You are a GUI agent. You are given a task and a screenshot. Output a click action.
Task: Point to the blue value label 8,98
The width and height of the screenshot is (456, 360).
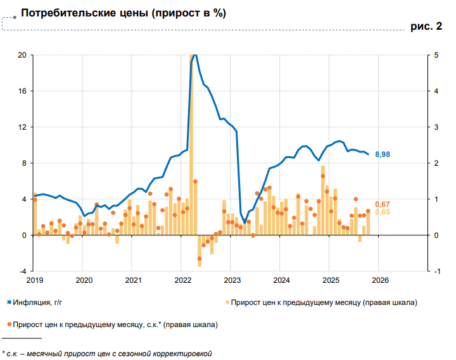(383, 154)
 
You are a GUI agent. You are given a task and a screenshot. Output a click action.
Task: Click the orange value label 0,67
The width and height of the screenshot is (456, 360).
(383, 204)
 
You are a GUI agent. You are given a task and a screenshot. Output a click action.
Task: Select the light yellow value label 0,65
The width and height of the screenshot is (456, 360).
(383, 212)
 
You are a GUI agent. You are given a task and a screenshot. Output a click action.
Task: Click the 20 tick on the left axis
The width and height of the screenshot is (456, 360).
(22, 55)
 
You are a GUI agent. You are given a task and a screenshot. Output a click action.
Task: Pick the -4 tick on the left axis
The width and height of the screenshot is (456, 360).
(23, 271)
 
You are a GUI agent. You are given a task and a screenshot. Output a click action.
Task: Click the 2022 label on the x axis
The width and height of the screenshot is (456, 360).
(182, 280)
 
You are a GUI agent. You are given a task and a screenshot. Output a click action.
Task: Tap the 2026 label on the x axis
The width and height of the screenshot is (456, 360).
(379, 280)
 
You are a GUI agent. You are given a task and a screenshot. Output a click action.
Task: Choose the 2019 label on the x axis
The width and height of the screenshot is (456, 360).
(34, 280)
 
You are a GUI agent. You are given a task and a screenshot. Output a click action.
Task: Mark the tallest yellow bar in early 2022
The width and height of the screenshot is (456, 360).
(192, 146)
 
